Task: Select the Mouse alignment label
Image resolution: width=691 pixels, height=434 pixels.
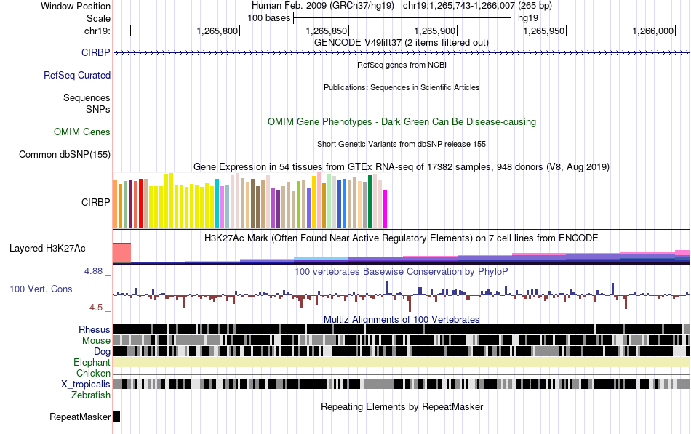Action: (97, 340)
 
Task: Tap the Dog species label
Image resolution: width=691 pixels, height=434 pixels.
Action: (102, 351)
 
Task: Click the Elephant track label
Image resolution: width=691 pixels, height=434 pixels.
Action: (92, 362)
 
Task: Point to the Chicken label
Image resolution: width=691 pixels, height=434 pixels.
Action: (94, 373)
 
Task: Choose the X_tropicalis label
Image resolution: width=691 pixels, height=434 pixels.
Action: (86, 384)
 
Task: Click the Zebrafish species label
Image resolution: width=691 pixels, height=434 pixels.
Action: (91, 395)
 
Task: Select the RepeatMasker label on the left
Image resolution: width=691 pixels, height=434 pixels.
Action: (80, 417)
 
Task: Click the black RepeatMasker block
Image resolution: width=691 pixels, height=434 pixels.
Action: (116, 417)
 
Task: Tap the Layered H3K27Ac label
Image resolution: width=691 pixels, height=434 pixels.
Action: (47, 248)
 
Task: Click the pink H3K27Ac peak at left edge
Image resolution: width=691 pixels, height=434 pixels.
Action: (121, 252)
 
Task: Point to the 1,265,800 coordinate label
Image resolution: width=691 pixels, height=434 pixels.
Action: (217, 31)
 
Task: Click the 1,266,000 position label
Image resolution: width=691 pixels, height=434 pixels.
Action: (654, 31)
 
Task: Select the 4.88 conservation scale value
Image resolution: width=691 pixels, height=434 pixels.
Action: (97, 271)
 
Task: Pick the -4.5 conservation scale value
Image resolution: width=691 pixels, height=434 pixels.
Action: (99, 308)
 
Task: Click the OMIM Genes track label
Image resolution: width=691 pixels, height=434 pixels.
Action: (82, 132)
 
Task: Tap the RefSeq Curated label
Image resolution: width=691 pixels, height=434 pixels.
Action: (77, 75)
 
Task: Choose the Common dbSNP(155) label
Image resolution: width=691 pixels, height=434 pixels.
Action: (65, 154)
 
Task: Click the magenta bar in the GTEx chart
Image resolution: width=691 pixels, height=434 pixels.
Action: (386, 209)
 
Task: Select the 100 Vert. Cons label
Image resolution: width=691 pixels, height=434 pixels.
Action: (41, 289)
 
